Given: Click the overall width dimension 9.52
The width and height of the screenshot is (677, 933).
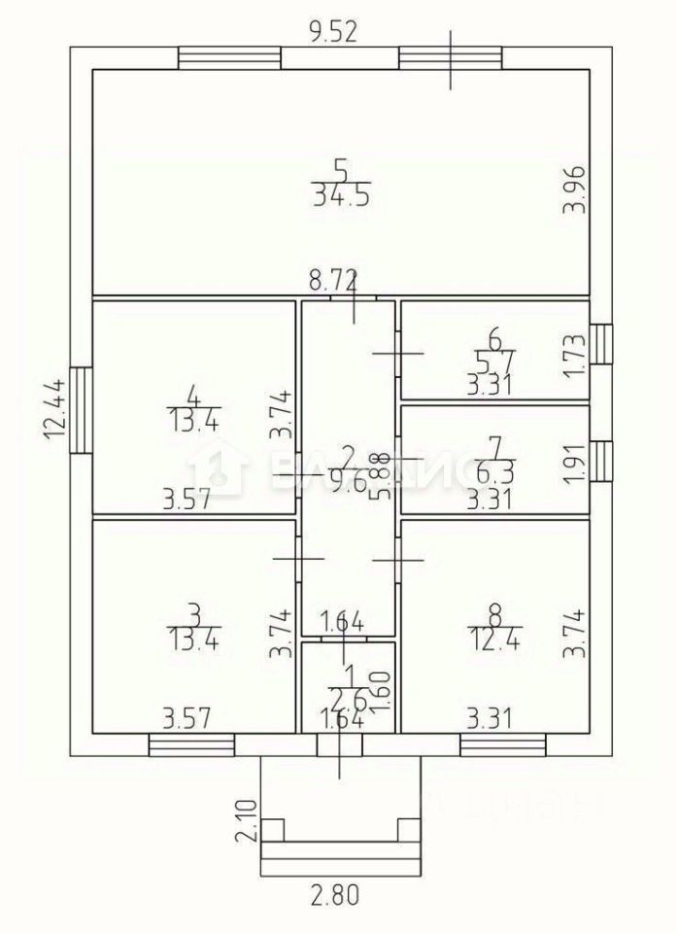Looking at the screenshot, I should click(333, 31).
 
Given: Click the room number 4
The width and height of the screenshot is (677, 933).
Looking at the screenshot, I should click(193, 397).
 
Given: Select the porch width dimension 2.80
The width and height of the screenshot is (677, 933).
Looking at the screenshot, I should click(336, 893).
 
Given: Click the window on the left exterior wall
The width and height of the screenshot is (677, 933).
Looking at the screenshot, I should click(82, 408).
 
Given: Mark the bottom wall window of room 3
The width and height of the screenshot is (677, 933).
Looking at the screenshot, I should click(191, 745).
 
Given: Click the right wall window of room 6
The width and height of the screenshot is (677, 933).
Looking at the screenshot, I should click(602, 342).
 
